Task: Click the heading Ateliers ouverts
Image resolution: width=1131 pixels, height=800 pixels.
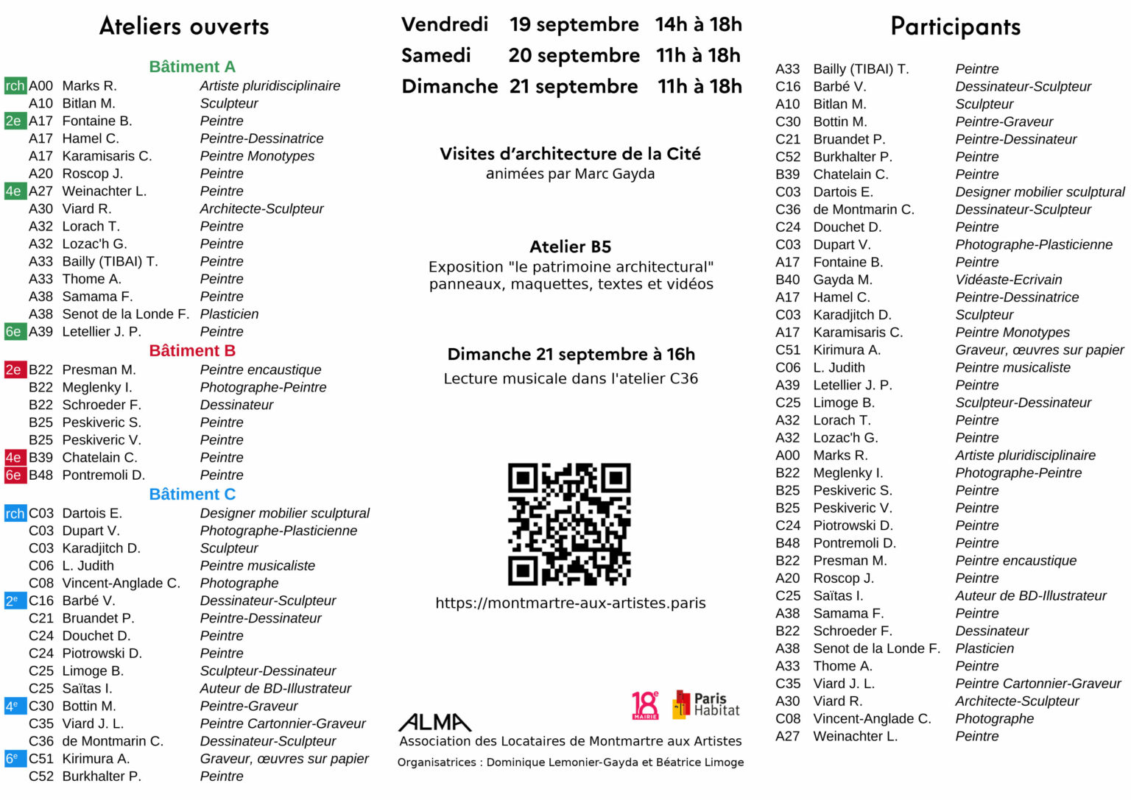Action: pyautogui.click(x=184, y=26)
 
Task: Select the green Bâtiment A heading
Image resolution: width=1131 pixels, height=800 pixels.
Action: pyautogui.click(x=192, y=67)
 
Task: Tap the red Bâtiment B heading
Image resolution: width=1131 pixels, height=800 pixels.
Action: pyautogui.click(x=192, y=351)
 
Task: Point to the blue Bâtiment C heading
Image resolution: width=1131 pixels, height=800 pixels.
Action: pyautogui.click(x=192, y=495)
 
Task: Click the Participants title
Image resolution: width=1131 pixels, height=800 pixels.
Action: pyautogui.click(x=955, y=26)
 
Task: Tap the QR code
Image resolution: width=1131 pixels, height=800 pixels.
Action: pyautogui.click(x=569, y=524)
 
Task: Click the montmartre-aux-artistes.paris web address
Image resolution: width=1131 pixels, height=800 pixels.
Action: pyautogui.click(x=571, y=603)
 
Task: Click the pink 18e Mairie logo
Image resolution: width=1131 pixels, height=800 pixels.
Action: pyautogui.click(x=645, y=705)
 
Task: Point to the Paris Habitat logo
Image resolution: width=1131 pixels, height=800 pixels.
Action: pyautogui.click(x=706, y=705)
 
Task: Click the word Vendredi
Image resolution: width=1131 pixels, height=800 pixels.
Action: pyautogui.click(x=445, y=24)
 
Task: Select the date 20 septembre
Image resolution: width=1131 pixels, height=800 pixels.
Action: pyautogui.click(x=574, y=55)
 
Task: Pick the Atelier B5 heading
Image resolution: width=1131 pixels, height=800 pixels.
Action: pyautogui.click(x=570, y=247)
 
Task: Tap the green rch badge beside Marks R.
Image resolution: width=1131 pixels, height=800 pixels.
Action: pyautogui.click(x=15, y=86)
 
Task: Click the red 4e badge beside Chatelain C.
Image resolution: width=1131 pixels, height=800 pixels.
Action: pyautogui.click(x=14, y=458)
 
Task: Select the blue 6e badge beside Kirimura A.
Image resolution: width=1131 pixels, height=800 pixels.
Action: pyautogui.click(x=14, y=759)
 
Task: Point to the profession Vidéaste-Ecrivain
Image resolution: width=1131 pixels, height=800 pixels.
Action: pyautogui.click(x=1008, y=280)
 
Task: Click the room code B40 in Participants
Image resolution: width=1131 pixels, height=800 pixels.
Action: pyautogui.click(x=787, y=280)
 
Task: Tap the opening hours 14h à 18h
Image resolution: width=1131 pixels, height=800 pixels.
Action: pyautogui.click(x=698, y=24)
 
